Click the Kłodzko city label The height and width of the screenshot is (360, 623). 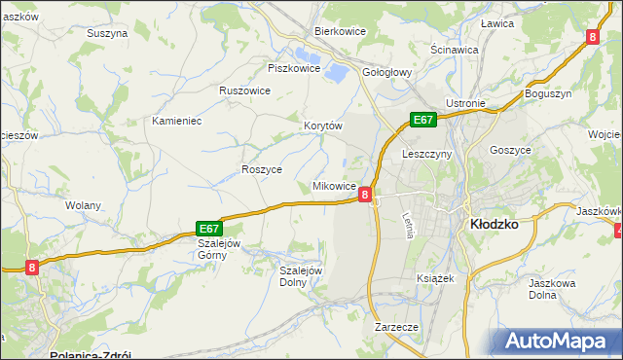click(494, 223)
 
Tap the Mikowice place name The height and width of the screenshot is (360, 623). click(333, 185)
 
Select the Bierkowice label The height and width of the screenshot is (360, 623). click(339, 31)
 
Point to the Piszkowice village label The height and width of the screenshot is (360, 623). click(294, 68)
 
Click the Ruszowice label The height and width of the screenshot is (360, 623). click(244, 90)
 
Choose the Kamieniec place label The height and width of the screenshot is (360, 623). click(176, 121)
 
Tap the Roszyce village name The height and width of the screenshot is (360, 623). click(262, 168)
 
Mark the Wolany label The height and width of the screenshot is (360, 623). click(82, 205)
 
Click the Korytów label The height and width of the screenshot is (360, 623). click(324, 126)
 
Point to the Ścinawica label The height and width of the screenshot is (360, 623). click(454, 49)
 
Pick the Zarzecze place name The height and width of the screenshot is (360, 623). click(396, 327)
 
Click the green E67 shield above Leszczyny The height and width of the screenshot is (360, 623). click(421, 120)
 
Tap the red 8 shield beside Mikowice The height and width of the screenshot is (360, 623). click(365, 195)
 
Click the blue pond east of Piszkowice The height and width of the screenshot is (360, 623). click(337, 71)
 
